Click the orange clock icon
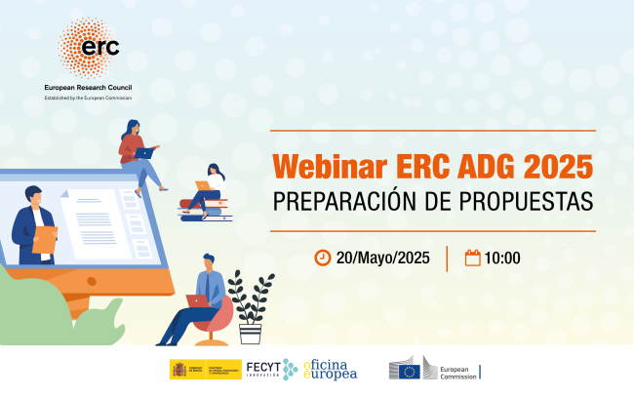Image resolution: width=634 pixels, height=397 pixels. pyautogui.click(x=322, y=258)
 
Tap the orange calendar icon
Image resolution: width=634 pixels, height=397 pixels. pyautogui.click(x=472, y=258)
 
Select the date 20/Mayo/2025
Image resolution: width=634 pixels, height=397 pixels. pyautogui.click(x=382, y=258)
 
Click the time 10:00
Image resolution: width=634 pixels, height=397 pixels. pyautogui.click(x=502, y=258)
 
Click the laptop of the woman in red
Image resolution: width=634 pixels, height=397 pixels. pyautogui.click(x=144, y=153)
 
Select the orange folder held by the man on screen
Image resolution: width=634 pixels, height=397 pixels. pyautogui.click(x=43, y=239)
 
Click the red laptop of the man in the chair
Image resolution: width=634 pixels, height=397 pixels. pyautogui.click(x=198, y=300)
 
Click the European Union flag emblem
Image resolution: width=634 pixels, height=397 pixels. pyautogui.click(x=407, y=370)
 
